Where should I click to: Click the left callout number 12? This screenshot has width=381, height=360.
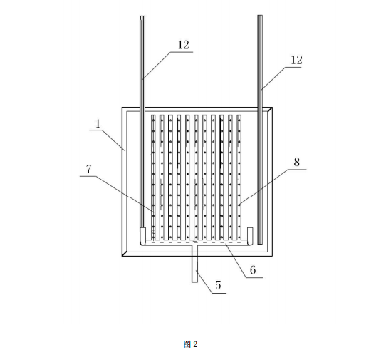tap(184, 45)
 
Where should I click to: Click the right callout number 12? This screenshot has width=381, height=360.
tap(297, 60)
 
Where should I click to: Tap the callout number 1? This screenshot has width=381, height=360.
tap(98, 124)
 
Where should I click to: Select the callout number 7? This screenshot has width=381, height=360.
tap(89, 169)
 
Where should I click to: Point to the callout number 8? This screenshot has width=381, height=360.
tap(297, 163)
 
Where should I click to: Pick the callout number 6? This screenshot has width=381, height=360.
tap(253, 270)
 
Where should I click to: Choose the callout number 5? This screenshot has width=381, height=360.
tap(218, 285)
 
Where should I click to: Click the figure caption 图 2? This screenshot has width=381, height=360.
tap(191, 344)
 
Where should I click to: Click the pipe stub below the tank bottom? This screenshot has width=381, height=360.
tap(194, 264)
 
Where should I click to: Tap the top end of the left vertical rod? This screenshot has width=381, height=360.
tap(142, 16)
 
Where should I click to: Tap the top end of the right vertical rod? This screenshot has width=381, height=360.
tap(260, 15)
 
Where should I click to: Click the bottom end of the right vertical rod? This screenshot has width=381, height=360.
tap(260, 244)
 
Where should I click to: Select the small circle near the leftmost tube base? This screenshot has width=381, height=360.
tap(153, 232)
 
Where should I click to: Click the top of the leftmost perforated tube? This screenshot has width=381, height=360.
tap(153, 115)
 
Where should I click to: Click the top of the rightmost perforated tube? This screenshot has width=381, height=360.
tap(239, 115)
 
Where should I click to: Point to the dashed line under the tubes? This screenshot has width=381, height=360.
tap(197, 242)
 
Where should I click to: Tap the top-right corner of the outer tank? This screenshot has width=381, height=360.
tap(272, 107)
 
